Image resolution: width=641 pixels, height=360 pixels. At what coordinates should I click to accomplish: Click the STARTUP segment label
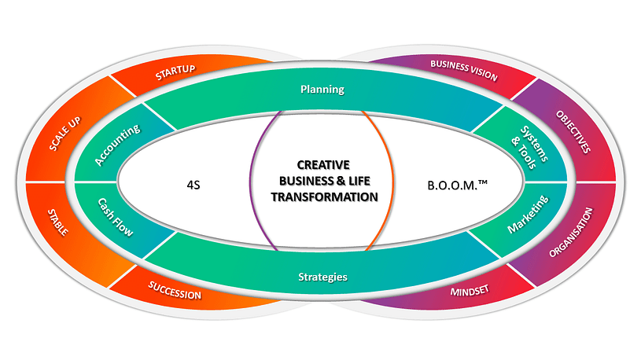pos(175,75)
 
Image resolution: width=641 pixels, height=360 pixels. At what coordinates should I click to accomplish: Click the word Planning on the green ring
pos(322,90)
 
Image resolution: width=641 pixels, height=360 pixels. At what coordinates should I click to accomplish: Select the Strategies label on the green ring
pos(323,277)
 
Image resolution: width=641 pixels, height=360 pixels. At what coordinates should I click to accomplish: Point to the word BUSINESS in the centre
pos(297,182)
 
